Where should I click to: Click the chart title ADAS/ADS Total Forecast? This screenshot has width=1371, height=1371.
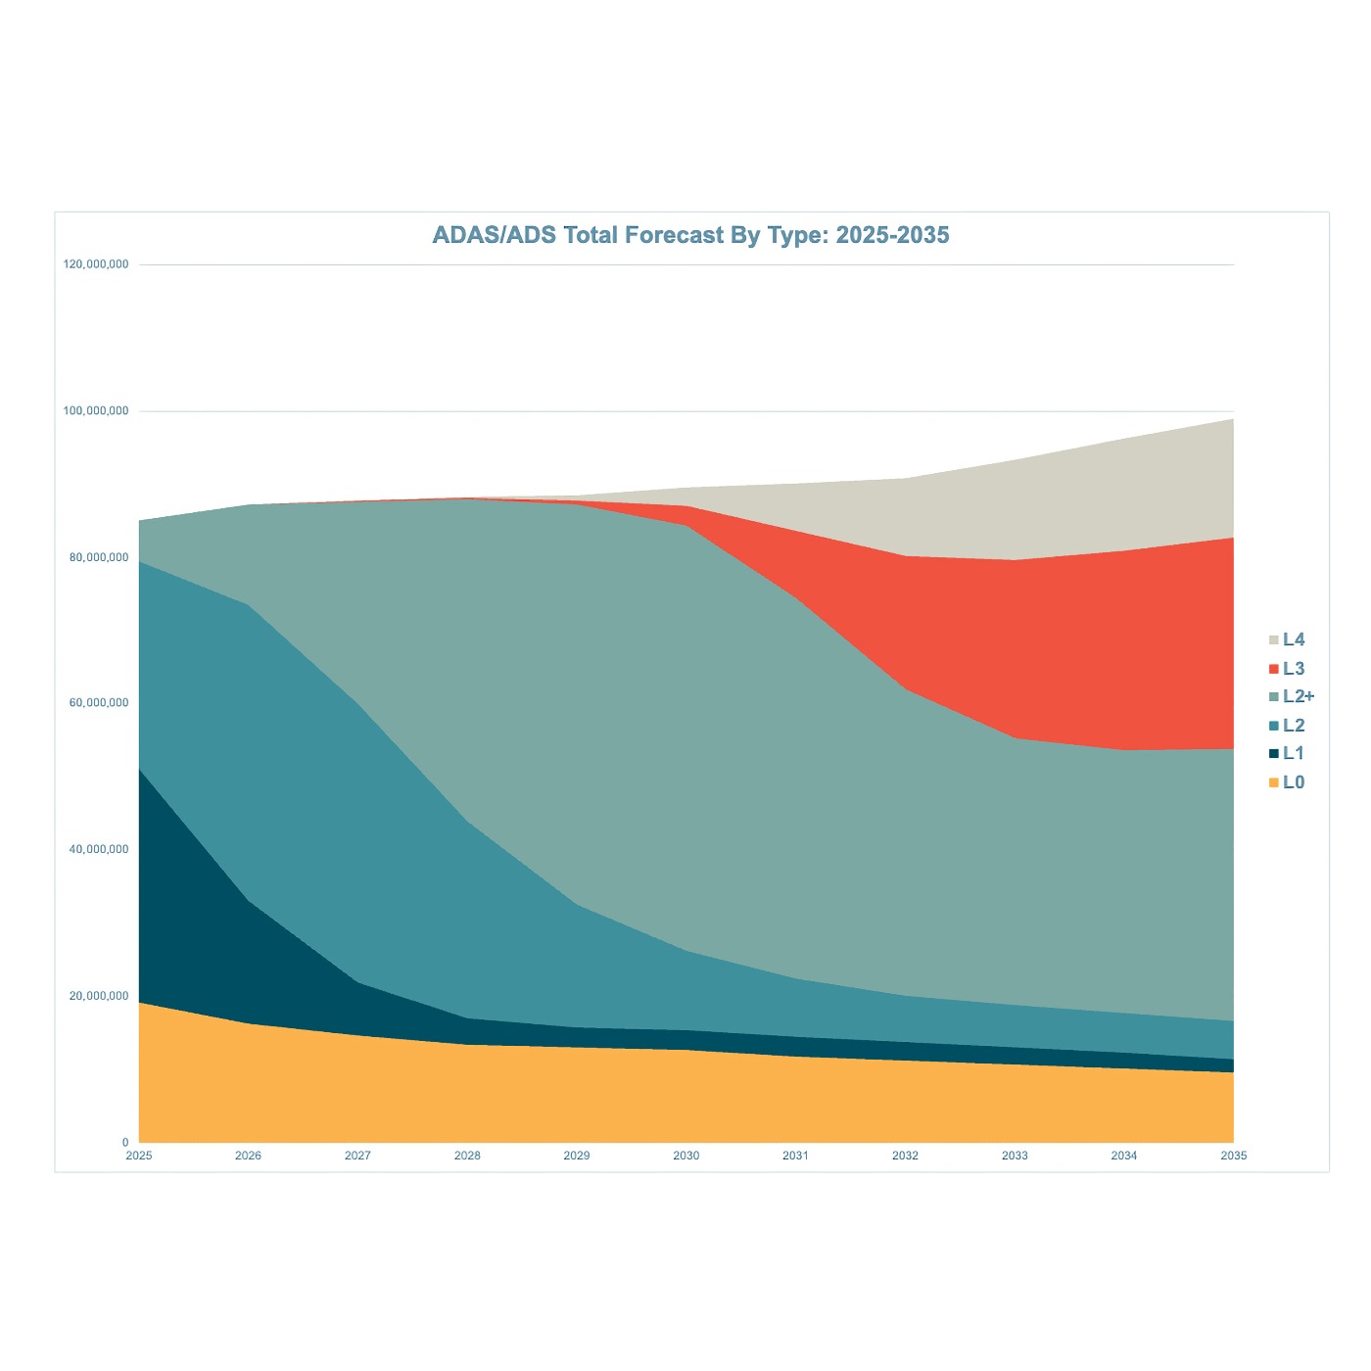pyautogui.click(x=690, y=235)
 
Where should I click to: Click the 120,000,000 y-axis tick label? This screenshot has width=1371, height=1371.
pyautogui.click(x=96, y=264)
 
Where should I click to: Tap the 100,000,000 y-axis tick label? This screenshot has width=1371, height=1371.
pyautogui.click(x=96, y=411)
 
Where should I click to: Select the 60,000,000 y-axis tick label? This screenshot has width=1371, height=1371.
pyautogui.click(x=98, y=703)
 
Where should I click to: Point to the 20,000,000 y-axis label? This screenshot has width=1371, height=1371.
pyautogui.click(x=98, y=996)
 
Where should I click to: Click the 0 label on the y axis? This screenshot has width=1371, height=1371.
pyautogui.click(x=125, y=1142)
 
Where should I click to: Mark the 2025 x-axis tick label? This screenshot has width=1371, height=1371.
pyautogui.click(x=139, y=1156)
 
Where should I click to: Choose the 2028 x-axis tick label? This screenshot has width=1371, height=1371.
pyautogui.click(x=467, y=1156)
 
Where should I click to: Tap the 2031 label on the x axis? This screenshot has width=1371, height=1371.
pyautogui.click(x=795, y=1156)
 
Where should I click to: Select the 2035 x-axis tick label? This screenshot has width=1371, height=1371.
pyautogui.click(x=1233, y=1156)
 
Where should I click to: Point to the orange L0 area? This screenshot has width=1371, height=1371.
pyautogui.click(x=588, y=1097)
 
